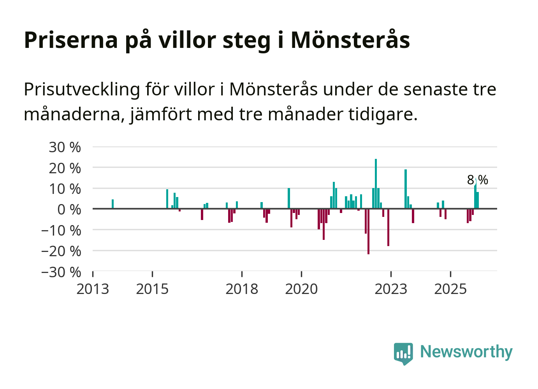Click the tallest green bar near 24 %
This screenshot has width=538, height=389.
point(376,183)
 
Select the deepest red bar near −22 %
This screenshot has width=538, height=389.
point(368,231)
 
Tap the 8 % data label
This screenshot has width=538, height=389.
point(477,180)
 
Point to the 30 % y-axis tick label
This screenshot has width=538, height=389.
point(65,147)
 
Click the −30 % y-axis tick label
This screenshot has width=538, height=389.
point(61,272)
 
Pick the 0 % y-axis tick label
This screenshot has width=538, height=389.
point(69,209)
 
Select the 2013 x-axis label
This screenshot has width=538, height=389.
point(93,289)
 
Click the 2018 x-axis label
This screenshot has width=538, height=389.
point(242,289)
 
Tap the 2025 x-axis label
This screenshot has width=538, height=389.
point(450,289)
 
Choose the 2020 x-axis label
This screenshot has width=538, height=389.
point(301,289)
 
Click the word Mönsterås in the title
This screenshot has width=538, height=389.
point(350,40)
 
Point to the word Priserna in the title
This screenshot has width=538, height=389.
point(71,40)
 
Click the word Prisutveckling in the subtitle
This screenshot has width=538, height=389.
point(82,90)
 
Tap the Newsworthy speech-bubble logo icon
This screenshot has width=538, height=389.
point(403,353)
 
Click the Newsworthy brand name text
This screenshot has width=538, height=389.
point(466,352)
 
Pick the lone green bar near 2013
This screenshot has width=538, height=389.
point(113,204)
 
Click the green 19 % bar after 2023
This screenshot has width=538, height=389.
point(406,189)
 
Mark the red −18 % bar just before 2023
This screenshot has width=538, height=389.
point(388,227)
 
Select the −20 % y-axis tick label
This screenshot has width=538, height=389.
point(61,251)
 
